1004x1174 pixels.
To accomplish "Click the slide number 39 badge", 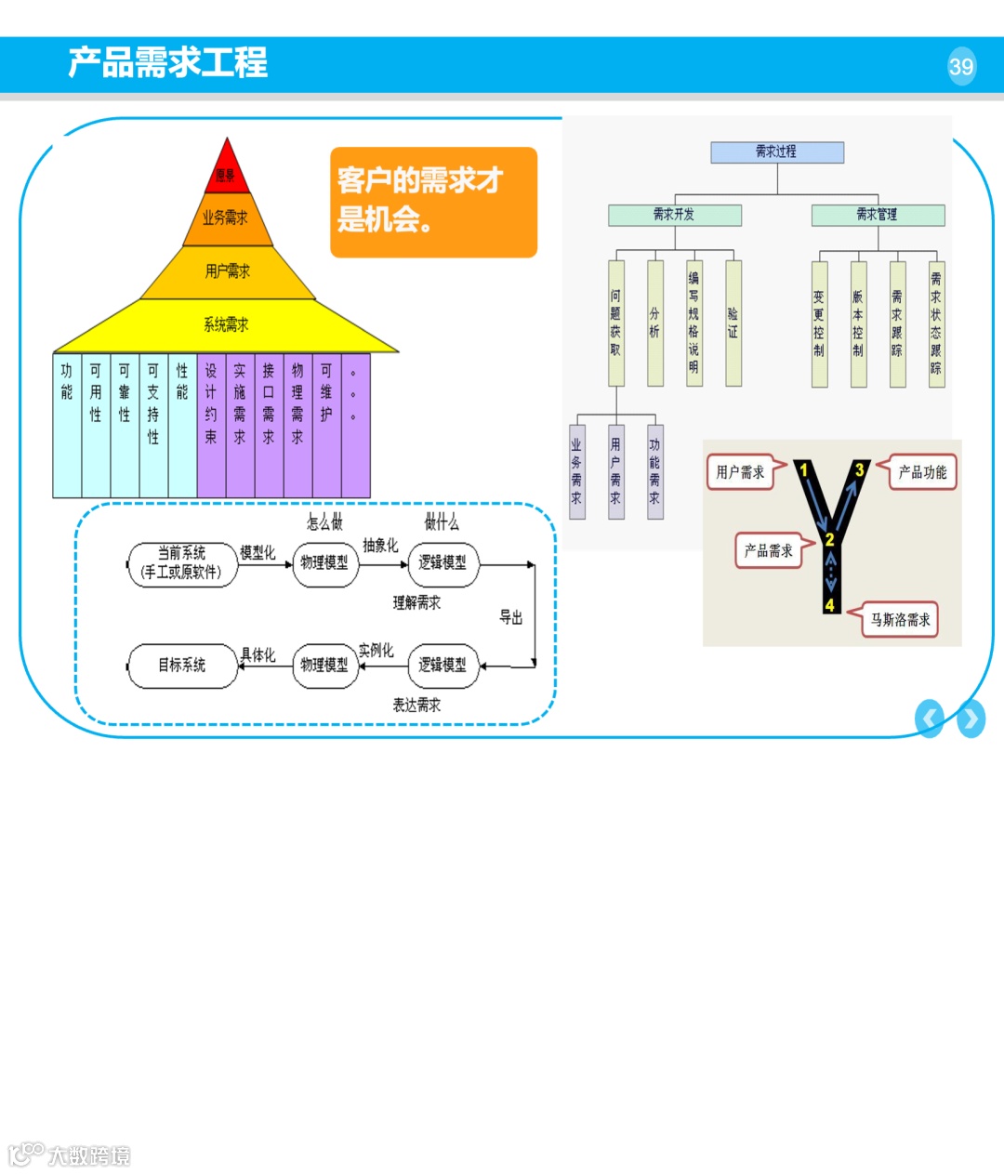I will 961,66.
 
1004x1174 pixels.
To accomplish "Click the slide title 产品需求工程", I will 168,63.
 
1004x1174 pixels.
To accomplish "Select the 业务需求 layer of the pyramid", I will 226,218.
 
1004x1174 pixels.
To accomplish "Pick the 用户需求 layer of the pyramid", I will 228,271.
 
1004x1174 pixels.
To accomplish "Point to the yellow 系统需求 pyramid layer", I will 227,324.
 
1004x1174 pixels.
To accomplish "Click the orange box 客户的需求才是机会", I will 433,202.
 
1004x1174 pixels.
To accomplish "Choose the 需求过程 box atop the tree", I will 777,152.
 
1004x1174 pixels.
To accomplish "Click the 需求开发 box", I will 675,215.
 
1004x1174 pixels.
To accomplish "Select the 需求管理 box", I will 878,215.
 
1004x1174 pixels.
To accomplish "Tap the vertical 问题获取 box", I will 616,323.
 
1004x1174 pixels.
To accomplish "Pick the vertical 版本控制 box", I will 858,323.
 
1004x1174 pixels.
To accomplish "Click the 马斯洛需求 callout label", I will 899,620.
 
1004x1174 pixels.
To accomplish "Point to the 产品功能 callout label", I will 921,472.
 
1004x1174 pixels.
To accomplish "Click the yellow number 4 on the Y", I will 830,605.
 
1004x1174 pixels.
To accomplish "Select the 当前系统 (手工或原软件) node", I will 182,563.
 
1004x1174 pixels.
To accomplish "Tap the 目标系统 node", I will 182,666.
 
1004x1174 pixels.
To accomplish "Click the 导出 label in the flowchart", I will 511,617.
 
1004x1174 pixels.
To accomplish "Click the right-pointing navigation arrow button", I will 971,719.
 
